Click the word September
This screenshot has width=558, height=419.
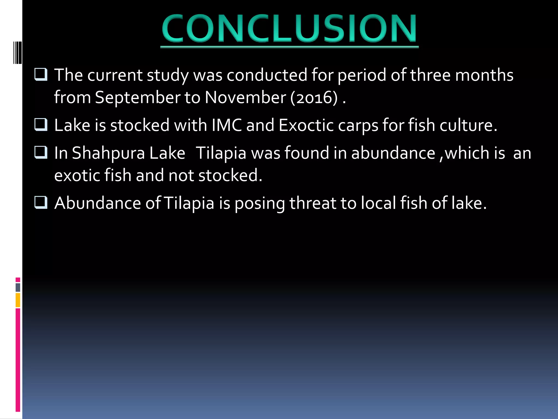tap(137, 97)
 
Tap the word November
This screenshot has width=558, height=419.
tap(245, 97)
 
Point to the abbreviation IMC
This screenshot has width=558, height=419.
tap(227, 125)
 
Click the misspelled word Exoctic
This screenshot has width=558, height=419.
tap(306, 125)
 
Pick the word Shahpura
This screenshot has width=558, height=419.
tap(108, 153)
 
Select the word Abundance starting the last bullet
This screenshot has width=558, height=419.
tap(98, 203)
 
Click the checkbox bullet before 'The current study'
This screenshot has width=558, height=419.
tap(41, 74)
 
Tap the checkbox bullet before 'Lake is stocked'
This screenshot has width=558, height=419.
tap(41, 125)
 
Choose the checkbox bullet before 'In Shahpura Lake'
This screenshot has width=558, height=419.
tap(41, 152)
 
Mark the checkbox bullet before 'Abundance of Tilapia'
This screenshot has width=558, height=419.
tap(41, 203)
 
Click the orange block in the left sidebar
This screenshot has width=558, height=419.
tap(18, 300)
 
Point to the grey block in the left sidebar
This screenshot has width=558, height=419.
tap(18, 288)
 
